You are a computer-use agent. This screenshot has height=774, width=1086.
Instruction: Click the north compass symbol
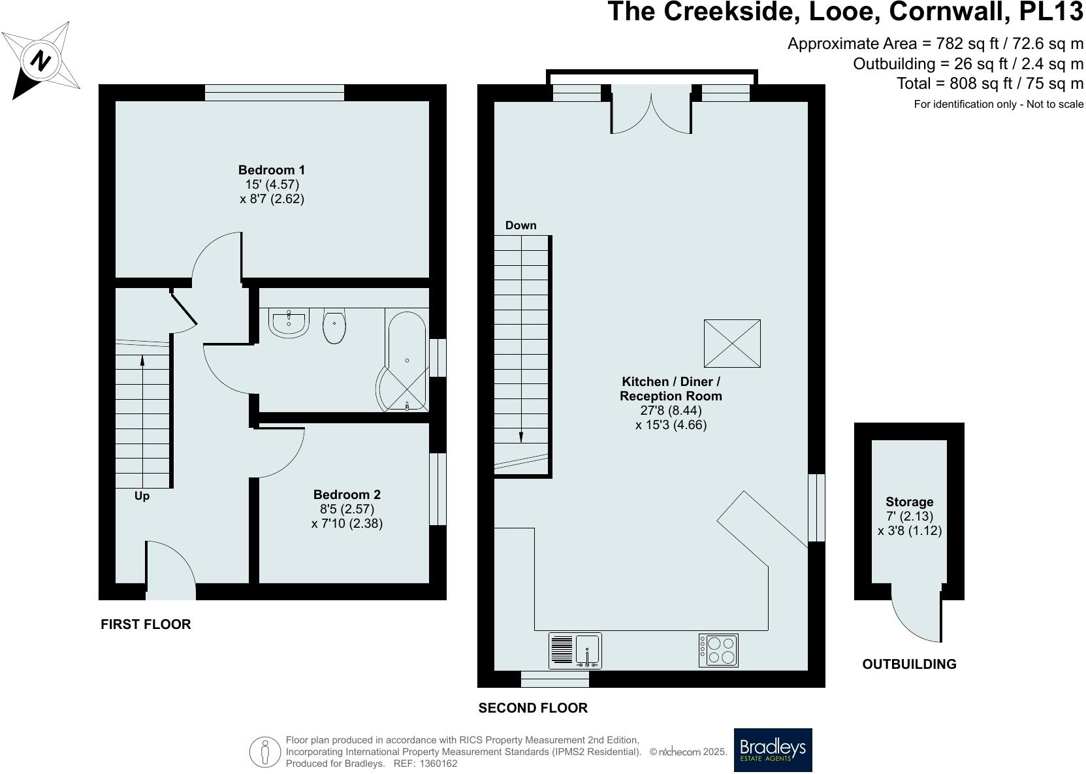click(42, 61)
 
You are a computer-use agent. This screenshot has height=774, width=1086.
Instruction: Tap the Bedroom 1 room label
click(271, 170)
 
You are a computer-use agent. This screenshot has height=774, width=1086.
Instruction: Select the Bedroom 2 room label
click(347, 494)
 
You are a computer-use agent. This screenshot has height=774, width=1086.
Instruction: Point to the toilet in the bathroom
click(334, 325)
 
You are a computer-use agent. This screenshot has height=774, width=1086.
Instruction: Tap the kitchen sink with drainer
click(575, 650)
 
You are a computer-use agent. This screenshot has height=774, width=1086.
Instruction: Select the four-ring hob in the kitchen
click(718, 650)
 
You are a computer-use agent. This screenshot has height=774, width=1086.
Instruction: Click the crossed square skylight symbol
click(731, 343)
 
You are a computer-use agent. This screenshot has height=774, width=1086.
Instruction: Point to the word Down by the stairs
click(520, 225)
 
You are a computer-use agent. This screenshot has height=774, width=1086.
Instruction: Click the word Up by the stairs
click(142, 496)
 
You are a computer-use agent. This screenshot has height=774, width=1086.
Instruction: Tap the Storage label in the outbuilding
click(909, 502)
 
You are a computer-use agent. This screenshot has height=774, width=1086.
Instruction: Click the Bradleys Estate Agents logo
click(773, 750)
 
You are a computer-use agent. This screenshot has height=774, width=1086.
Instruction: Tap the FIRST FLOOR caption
click(146, 624)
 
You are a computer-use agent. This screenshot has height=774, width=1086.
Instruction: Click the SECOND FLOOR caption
click(533, 707)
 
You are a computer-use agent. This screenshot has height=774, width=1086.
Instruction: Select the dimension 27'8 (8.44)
click(671, 410)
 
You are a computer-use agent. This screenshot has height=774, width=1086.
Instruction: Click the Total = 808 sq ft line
click(989, 84)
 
